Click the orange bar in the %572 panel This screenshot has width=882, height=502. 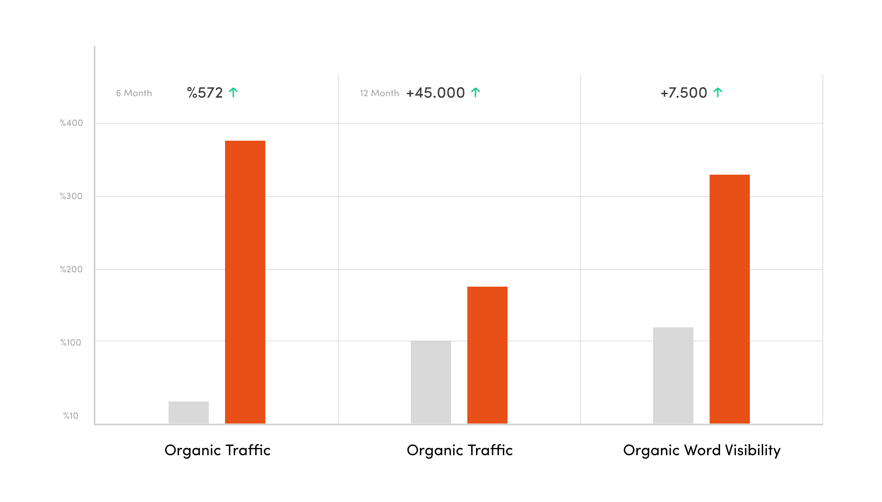pos(245,282)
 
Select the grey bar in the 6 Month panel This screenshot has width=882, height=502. pos(188,412)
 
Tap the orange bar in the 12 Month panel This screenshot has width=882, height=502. pos(487,355)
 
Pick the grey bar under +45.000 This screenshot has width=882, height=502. pos(430,382)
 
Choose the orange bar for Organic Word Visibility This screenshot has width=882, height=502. pos(729,299)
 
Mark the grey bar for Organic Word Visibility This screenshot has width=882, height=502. pos(673,375)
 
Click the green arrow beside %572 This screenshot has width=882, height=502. pos(233,92)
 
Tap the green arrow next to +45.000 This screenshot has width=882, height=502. pos(475,92)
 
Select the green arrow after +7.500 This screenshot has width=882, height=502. pos(717,92)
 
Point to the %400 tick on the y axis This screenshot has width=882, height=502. pos(71,123)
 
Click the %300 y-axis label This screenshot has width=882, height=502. pos(71,196)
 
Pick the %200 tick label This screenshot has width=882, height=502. pos(71,269)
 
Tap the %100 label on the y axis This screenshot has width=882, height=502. pos(71,343)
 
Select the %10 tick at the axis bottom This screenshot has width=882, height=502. pos(71,416)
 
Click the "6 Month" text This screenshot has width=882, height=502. pos(134,93)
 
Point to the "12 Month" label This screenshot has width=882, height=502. pos(379,93)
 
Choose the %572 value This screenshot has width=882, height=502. pos(205,93)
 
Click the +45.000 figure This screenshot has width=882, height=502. pos(435,93)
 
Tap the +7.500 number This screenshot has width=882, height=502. pos(683,93)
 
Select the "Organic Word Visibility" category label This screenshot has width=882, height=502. pos(701,450)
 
